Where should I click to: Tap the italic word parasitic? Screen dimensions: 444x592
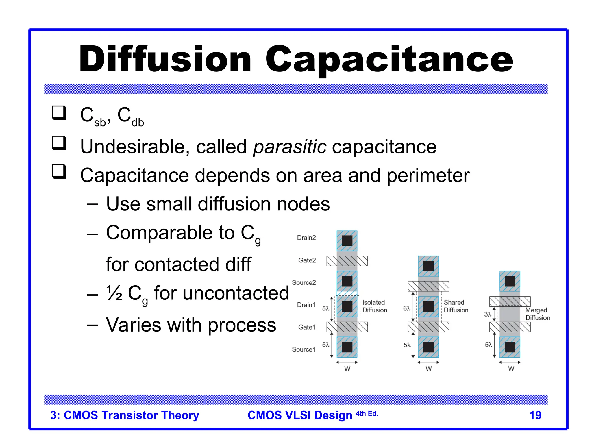click(x=290, y=147)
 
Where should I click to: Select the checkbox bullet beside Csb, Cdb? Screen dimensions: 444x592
click(x=59, y=113)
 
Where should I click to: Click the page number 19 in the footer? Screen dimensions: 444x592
click(x=535, y=415)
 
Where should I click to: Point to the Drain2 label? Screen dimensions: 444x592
click(x=306, y=238)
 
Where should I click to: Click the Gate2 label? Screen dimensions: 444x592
click(x=307, y=260)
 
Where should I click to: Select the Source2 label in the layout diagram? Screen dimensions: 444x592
click(x=304, y=282)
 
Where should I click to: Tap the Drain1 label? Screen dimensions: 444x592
click(x=306, y=305)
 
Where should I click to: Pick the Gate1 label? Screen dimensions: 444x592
click(x=307, y=327)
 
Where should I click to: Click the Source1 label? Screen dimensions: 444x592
click(x=304, y=349)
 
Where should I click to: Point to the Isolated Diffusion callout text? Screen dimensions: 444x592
click(x=375, y=306)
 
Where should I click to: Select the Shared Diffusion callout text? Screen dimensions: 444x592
click(x=456, y=306)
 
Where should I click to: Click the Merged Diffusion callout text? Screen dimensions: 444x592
click(x=537, y=314)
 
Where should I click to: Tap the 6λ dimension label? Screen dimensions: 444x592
click(x=406, y=308)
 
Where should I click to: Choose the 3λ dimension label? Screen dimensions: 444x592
click(x=488, y=314)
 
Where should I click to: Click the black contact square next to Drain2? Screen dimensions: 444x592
click(x=347, y=240)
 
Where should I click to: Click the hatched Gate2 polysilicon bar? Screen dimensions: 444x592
click(x=347, y=261)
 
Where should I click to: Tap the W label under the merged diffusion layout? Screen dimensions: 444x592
click(x=511, y=369)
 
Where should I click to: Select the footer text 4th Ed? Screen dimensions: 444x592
click(x=367, y=414)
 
